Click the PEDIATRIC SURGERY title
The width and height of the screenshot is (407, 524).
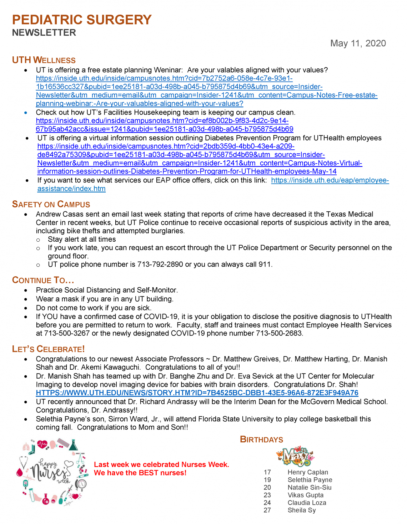[82, 20]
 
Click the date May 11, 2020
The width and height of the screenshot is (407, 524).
[358, 43]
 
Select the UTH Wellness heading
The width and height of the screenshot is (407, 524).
[44, 60]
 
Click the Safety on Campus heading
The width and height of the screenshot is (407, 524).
[51, 204]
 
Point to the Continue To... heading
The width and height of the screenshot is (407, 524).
[43, 280]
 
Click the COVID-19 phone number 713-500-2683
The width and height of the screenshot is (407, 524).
[279, 333]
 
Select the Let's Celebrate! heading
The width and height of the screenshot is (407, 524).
[49, 349]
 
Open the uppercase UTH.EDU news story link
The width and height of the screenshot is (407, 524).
[197, 393]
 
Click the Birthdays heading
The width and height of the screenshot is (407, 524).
[261, 440]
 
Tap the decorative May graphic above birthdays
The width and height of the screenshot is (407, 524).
[295, 456]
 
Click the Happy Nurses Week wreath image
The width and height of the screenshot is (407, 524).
[52, 472]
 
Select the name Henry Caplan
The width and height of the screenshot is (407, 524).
[307, 472]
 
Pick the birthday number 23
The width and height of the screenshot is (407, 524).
[267, 495]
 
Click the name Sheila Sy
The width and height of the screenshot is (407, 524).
[302, 510]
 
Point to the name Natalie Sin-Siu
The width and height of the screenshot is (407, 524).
[309, 487]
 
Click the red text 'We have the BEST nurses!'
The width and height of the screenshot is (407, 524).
[140, 473]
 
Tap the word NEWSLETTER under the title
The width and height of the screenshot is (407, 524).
[44, 33]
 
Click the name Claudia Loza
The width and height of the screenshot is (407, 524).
[307, 503]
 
